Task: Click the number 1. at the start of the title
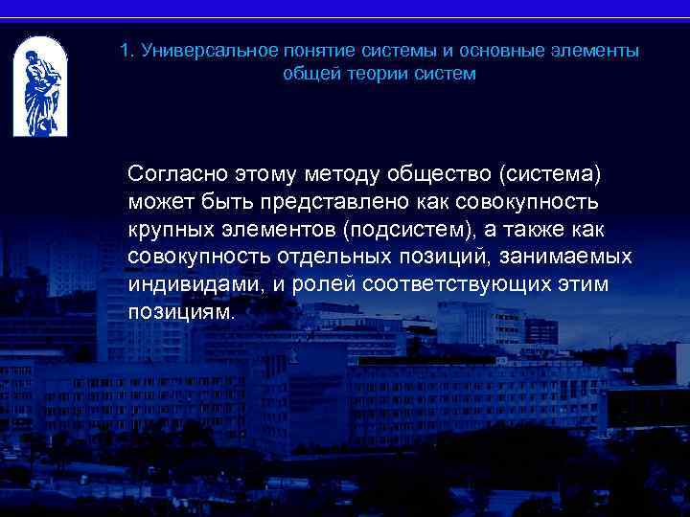[127, 51]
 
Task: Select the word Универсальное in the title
[195, 51]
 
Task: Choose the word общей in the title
[306, 74]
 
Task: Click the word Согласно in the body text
[172, 175]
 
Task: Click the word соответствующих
[448, 286]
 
